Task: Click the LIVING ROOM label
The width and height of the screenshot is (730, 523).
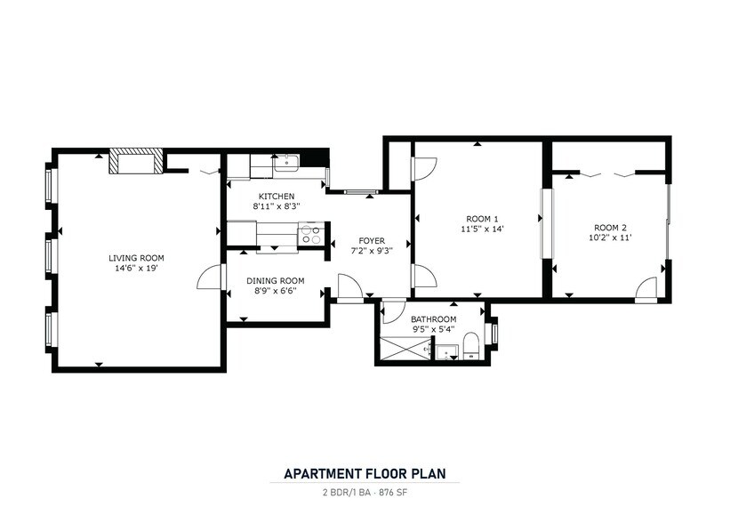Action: pos(136,258)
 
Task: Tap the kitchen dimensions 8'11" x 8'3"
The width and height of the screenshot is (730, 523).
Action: pos(277,205)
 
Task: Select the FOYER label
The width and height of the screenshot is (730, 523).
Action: pos(372,241)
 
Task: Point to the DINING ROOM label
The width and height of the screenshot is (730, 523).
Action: pos(275,281)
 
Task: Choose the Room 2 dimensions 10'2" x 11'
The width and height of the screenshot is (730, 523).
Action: pos(610,237)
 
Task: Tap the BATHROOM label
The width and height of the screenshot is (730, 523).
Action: pos(433,319)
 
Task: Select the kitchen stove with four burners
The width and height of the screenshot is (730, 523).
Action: pos(310,234)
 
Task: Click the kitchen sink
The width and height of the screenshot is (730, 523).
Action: pos(286,163)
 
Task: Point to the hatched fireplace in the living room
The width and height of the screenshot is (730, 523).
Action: pos(136,161)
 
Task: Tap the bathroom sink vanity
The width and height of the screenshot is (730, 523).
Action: pos(446,352)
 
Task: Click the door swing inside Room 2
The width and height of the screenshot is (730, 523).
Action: pos(646,289)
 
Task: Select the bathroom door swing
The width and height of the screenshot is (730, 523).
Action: pos(392,312)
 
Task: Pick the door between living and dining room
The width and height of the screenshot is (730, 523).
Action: pos(210,278)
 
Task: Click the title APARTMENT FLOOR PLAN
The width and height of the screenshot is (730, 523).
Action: pos(365,473)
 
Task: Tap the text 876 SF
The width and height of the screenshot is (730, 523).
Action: pos(392,492)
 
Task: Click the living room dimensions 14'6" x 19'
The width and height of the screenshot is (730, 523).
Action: pos(136,269)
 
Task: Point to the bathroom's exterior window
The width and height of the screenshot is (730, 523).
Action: pos(494,333)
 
